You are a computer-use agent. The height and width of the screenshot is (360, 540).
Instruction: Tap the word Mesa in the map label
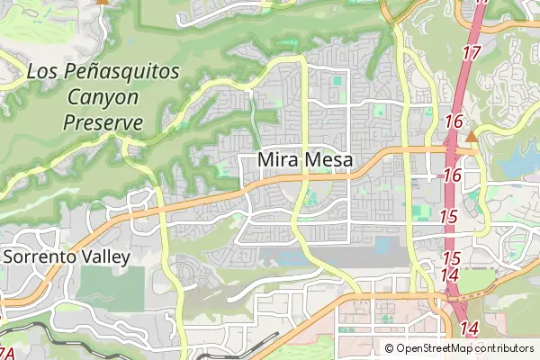pos(328,160)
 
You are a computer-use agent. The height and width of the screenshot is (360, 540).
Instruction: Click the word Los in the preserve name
pos(42,71)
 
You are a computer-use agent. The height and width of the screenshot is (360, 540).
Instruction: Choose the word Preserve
pos(103,121)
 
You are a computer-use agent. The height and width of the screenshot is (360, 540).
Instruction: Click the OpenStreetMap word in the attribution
pos(436,348)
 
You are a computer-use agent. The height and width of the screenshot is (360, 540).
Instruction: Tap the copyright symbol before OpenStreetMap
pos(389,348)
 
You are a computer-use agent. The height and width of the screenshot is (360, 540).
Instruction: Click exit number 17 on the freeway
pos(472,53)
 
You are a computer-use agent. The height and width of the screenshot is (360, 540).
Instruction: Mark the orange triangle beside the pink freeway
pos(471,137)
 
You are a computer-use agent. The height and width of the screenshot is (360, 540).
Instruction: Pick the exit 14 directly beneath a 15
pos(451,275)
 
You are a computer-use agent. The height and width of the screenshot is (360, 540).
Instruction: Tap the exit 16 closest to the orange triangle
pos(453,122)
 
